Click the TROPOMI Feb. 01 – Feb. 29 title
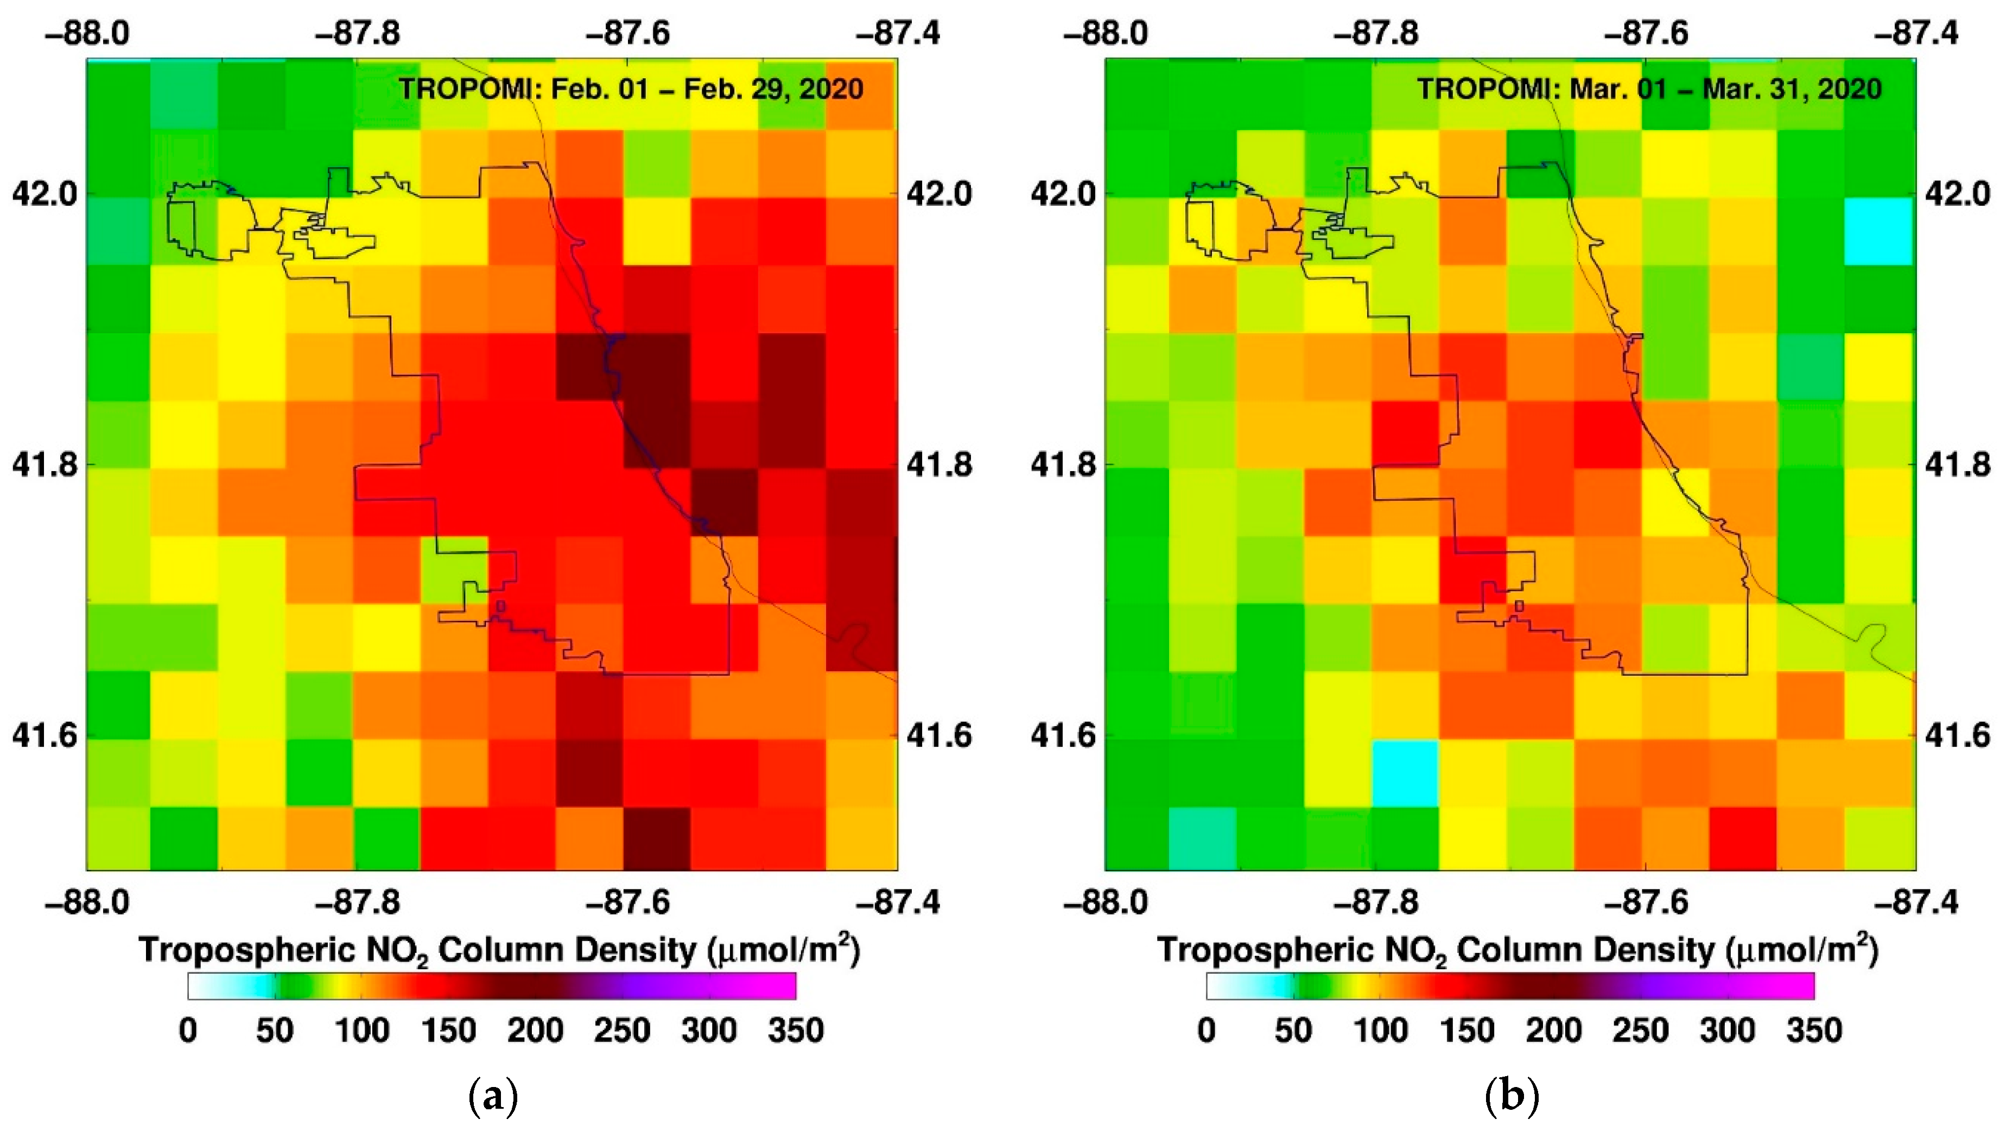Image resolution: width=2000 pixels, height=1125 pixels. [631, 90]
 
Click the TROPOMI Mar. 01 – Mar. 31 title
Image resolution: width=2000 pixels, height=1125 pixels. [1649, 90]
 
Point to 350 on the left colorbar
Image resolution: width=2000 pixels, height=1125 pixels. [795, 1030]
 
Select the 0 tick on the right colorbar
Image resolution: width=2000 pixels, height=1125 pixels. [1206, 1030]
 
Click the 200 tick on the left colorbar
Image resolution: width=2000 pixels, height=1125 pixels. [535, 1030]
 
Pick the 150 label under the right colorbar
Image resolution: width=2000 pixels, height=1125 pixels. [1466, 1030]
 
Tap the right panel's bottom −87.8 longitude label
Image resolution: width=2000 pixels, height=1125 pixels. [1376, 902]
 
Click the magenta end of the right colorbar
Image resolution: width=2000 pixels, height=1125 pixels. [1798, 986]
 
